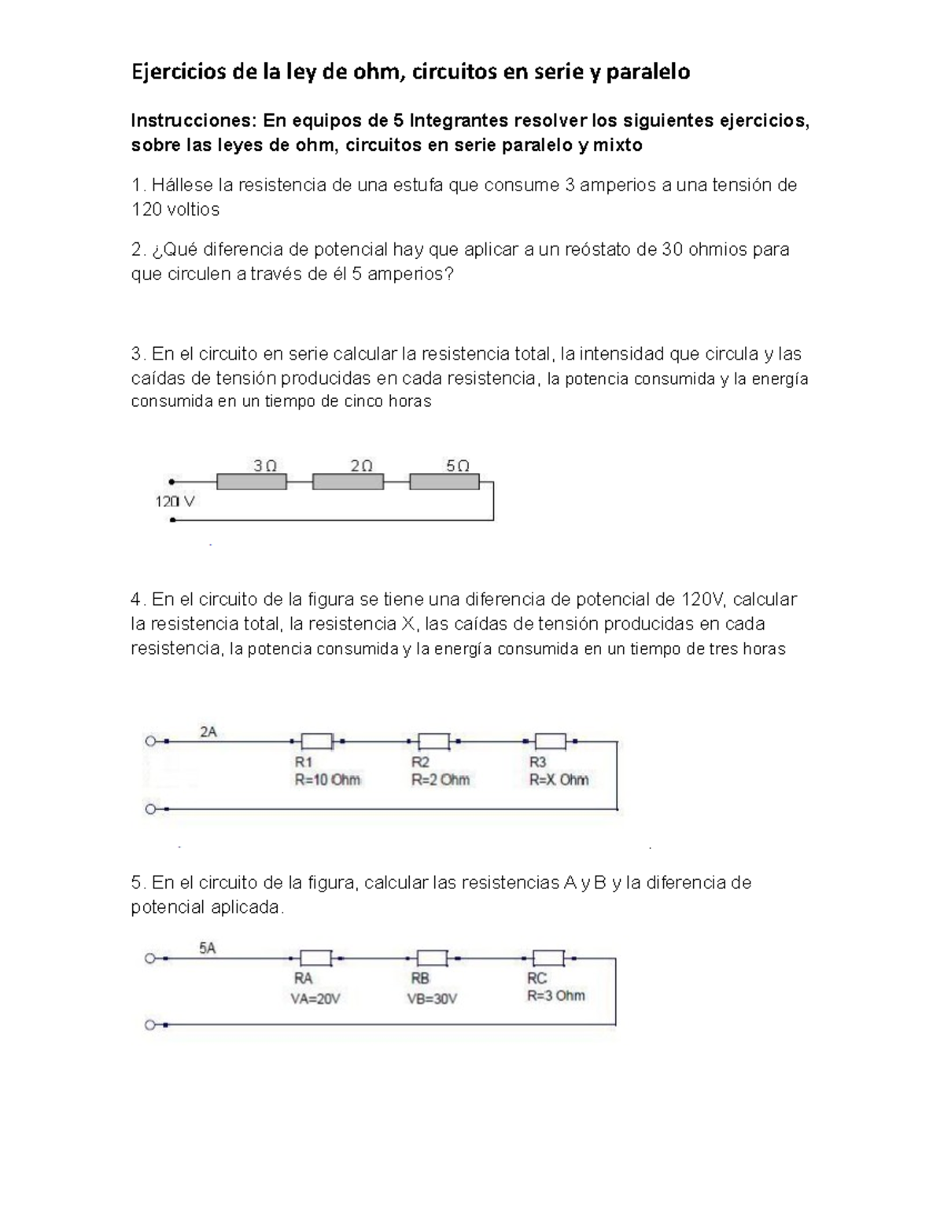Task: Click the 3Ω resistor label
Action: (265, 465)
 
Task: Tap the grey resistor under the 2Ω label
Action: (348, 481)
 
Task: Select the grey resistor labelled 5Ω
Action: (444, 481)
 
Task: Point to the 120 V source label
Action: (175, 500)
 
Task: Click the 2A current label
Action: (208, 732)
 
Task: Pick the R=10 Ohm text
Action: (327, 780)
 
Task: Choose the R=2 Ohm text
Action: (440, 780)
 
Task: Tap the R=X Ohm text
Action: (559, 780)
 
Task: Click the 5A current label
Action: (207, 948)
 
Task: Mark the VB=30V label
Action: (432, 998)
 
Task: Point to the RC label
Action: (537, 978)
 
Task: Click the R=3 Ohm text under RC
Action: (555, 995)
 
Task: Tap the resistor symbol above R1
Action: (317, 740)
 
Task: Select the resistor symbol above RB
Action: (432, 958)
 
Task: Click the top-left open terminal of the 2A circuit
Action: (149, 741)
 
